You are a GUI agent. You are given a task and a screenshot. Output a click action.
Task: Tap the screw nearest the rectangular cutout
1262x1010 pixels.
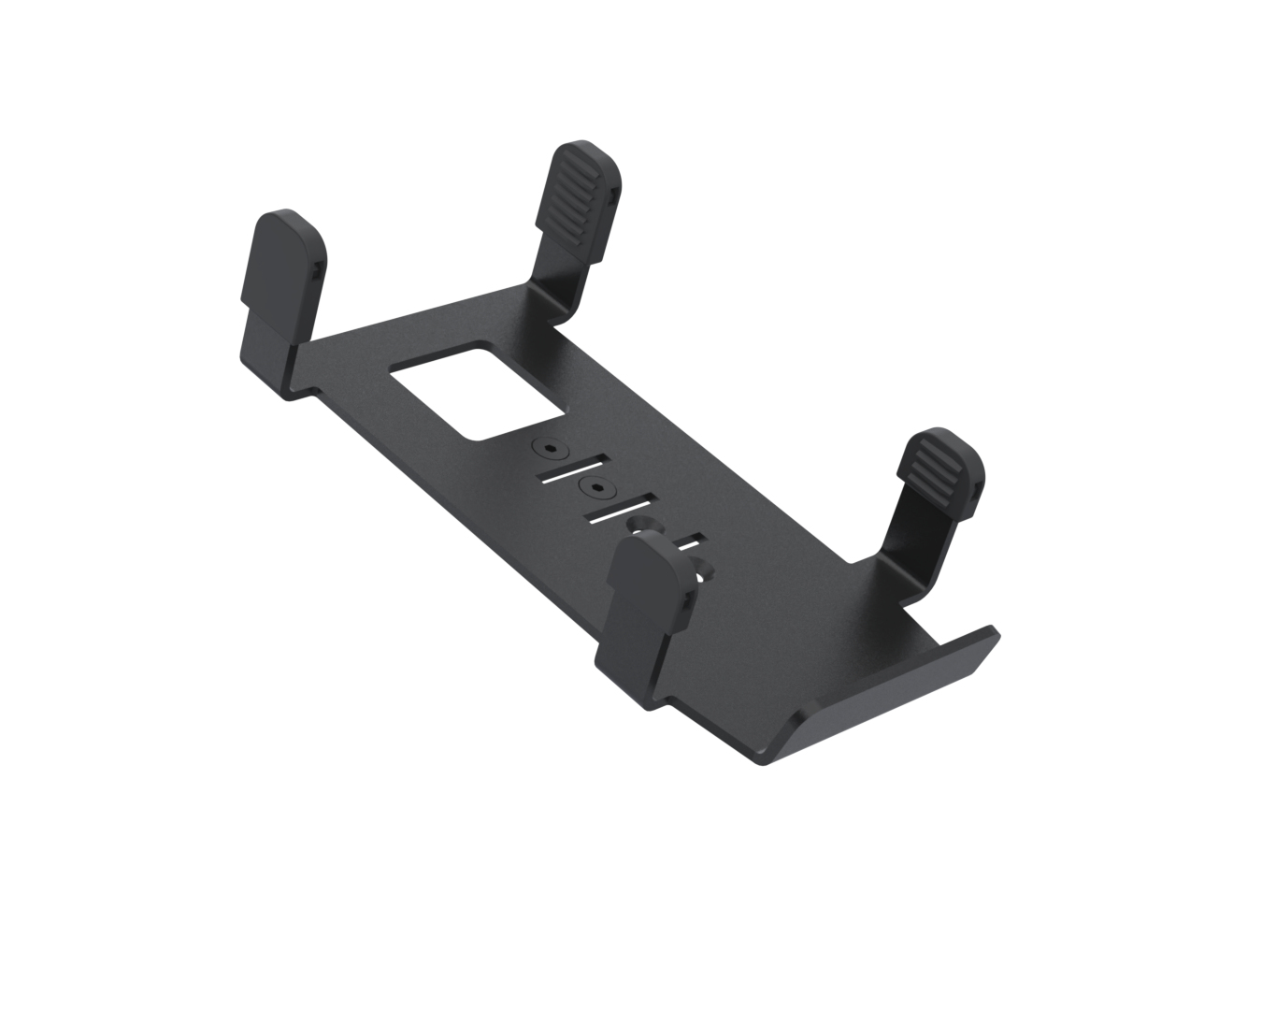[x=548, y=449]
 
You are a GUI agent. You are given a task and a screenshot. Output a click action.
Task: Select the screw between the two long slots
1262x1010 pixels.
[x=595, y=487]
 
